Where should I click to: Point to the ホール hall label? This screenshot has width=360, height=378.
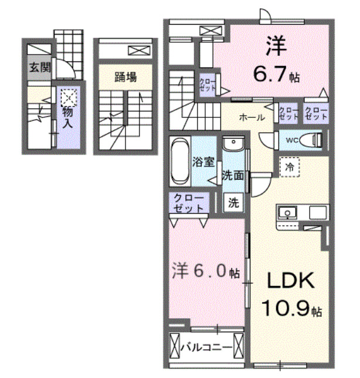[250, 117]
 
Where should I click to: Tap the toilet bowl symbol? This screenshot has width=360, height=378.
[314, 140]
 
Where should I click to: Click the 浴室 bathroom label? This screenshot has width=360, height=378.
[204, 163]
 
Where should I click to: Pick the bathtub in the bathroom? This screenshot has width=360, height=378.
[180, 162]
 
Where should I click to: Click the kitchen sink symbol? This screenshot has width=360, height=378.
[287, 213]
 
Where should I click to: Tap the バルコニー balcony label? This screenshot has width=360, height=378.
[206, 347]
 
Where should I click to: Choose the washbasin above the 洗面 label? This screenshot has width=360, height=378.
[233, 144]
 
